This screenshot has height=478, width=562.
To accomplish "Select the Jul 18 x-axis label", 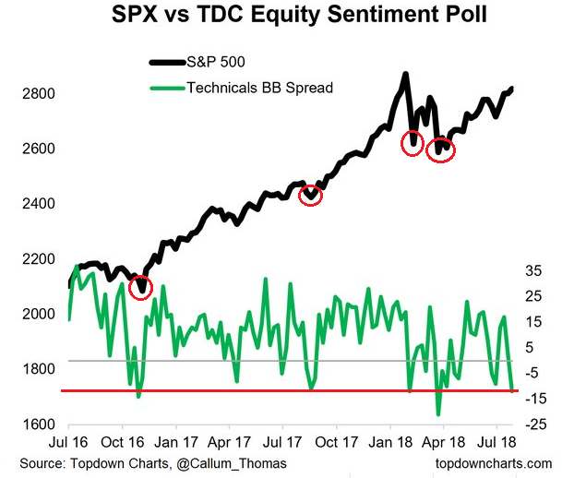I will coord(496,441).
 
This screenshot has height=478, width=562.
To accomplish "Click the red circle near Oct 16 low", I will coord(140,285).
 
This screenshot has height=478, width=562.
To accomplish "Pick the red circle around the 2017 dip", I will coord(312,195).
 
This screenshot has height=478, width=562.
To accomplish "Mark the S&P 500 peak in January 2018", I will coord(405,74).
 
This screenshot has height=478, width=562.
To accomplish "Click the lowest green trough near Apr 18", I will coord(438,413).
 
